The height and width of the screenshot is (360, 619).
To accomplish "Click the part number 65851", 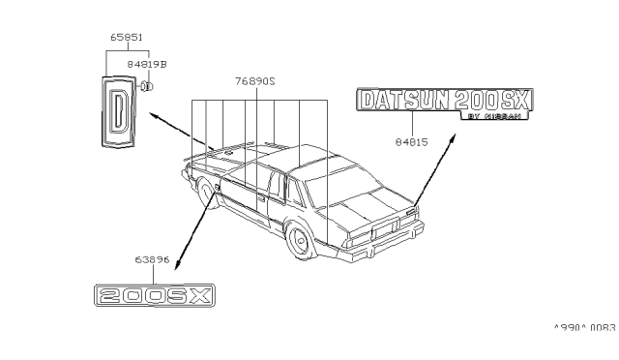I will pyautogui.click(x=126, y=37).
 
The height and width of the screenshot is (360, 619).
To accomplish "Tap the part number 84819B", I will pyautogui.click(x=151, y=62).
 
